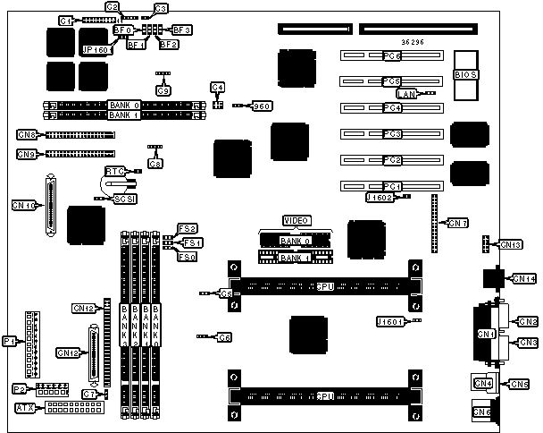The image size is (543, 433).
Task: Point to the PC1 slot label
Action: [391, 186]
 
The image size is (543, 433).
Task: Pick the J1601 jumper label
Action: [390, 320]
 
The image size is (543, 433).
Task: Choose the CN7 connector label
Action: [457, 223]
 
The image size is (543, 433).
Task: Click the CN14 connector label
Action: [524, 279]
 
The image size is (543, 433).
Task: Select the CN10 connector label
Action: [25, 205]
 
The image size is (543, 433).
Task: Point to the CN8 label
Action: [26, 135]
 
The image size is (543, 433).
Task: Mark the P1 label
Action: [10, 341]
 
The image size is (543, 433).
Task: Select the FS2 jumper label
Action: [188, 229]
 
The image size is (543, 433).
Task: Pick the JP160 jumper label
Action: [95, 50]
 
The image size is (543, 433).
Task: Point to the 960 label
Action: [263, 106]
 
